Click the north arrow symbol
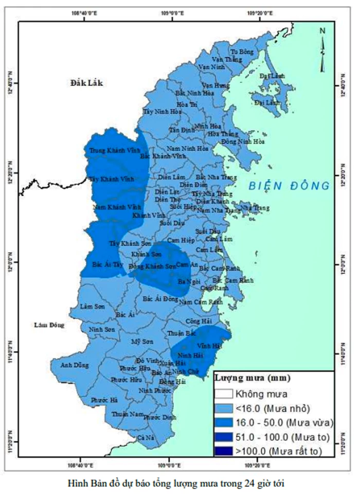(x=322, y=49)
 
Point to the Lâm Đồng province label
(x=48, y=325)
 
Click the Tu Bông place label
(x=242, y=52)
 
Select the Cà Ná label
(x=146, y=437)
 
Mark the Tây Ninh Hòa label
(x=162, y=111)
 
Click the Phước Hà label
(x=104, y=400)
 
